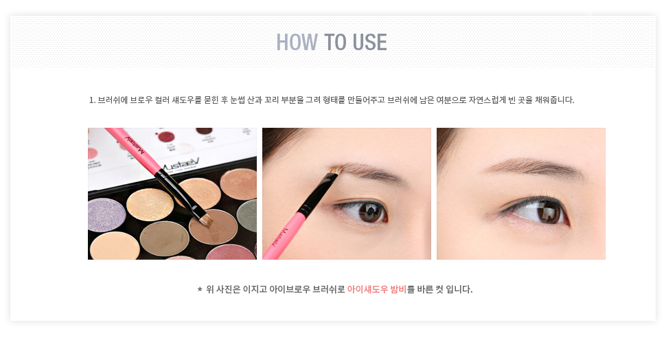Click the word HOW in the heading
pyautogui.click(x=297, y=42)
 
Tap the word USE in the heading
pyautogui.click(x=369, y=42)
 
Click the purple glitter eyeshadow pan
pyautogui.click(x=106, y=214)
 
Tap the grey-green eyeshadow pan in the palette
pyautogui.click(x=247, y=216)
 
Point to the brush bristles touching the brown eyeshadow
pyautogui.click(x=205, y=220)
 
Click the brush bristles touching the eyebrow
pyautogui.click(x=336, y=170)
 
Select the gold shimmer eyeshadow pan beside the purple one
pyautogui.click(x=150, y=205)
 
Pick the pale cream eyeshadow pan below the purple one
pyautogui.click(x=113, y=246)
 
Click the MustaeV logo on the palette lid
pyautogui.click(x=181, y=165)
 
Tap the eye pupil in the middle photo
pyautogui.click(x=368, y=211)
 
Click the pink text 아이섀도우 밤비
pyautogui.click(x=377, y=289)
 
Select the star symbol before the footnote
pyautogui.click(x=200, y=289)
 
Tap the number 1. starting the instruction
pyautogui.click(x=92, y=100)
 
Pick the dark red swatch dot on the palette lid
pyautogui.click(x=165, y=137)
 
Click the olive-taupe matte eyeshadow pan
pyautogui.click(x=164, y=238)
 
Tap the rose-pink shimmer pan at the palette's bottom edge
pyautogui.click(x=231, y=252)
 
